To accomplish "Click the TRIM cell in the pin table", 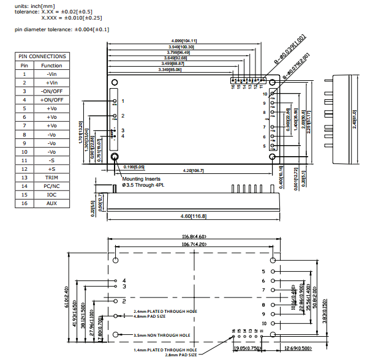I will (51, 178).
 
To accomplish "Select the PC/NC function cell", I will (51, 186).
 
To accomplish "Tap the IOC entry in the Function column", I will (51, 195).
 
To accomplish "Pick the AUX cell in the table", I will (51, 203).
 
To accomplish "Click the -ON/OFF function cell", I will (51, 91).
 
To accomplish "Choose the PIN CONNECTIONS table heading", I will (42, 56).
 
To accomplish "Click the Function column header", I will (51, 65).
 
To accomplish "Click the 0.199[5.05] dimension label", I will (134, 167).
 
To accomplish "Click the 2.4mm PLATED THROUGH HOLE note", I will (164, 312).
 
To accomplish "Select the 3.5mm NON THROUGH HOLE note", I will (162, 335).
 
